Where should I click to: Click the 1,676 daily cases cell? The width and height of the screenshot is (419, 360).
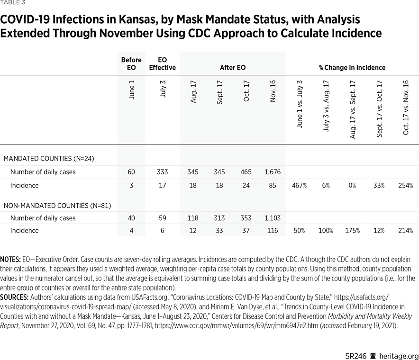pyautogui.click(x=273, y=172)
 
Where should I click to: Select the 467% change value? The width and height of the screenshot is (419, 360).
pyautogui.click(x=300, y=185)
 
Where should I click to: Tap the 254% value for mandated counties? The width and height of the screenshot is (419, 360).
pyautogui.click(x=405, y=185)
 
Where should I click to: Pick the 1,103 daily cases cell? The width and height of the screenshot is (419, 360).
pyautogui.click(x=273, y=218)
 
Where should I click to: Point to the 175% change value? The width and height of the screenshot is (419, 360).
pyautogui.click(x=352, y=231)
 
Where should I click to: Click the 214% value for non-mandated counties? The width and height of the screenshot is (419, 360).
pyautogui.click(x=405, y=231)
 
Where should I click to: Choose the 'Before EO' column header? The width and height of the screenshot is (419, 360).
pyautogui.click(x=131, y=63)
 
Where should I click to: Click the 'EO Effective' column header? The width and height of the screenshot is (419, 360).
pyautogui.click(x=162, y=63)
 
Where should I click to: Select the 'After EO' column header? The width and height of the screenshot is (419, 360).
pyautogui.click(x=232, y=68)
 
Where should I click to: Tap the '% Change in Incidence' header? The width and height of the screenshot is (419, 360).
pyautogui.click(x=352, y=68)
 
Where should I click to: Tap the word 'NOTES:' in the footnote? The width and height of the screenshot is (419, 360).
pyautogui.click(x=9, y=260)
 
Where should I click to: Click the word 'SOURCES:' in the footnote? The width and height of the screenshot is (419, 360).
pyautogui.click(x=14, y=297)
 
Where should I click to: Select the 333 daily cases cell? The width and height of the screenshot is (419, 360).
pyautogui.click(x=162, y=172)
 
